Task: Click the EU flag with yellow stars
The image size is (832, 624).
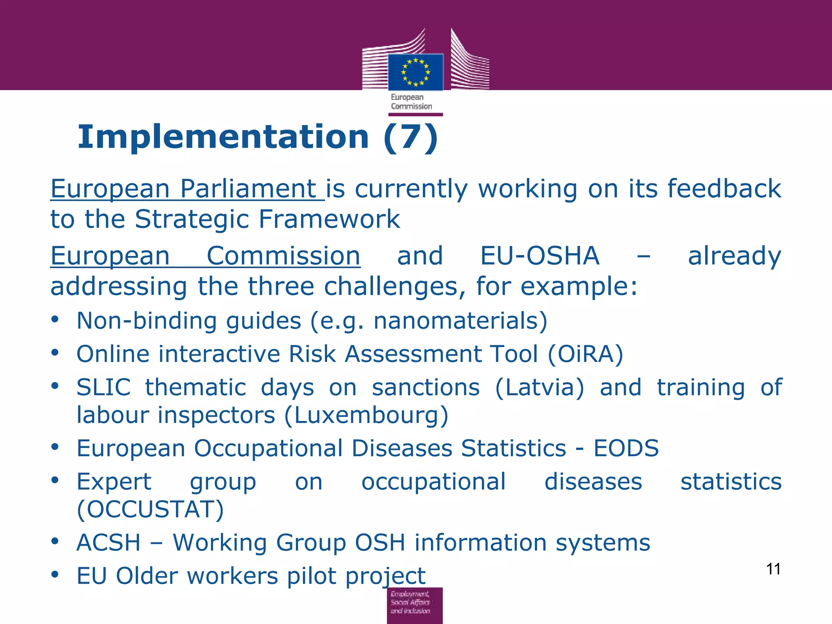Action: (415, 72)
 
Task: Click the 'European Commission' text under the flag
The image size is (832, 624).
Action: (411, 102)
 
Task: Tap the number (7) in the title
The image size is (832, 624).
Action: (410, 137)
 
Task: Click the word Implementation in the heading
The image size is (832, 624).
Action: (223, 137)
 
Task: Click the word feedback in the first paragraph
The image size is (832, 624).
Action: (724, 189)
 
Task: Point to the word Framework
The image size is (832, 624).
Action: (329, 219)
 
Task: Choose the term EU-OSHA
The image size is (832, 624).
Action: (539, 256)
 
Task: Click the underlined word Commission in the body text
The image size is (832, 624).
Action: (283, 256)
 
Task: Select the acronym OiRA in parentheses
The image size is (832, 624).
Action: (585, 354)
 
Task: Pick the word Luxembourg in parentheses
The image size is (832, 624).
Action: (366, 416)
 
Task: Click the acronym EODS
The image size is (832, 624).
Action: (626, 448)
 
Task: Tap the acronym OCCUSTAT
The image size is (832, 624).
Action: (150, 509)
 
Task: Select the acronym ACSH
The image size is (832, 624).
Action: (108, 543)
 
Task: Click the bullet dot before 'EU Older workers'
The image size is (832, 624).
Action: (55, 574)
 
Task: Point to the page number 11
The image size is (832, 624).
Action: (773, 569)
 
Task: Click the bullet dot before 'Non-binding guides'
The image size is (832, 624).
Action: (55, 319)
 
